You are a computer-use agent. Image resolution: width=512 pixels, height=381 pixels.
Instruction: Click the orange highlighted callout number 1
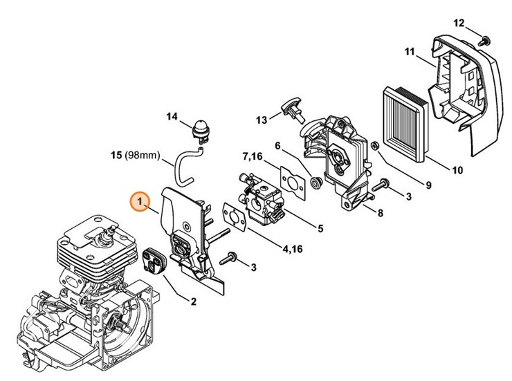click(140, 201)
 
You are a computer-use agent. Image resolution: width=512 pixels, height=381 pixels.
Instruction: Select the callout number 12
click(459, 23)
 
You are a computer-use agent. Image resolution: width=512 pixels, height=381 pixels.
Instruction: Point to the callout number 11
click(410, 52)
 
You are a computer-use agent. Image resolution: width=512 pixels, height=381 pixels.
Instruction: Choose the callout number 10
click(457, 170)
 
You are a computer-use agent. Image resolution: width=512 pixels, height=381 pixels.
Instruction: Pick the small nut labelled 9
click(375, 145)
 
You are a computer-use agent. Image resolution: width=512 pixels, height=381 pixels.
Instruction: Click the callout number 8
click(381, 213)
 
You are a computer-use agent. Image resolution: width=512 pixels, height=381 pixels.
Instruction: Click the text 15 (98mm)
click(136, 155)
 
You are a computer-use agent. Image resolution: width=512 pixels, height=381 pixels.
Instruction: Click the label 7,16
click(253, 156)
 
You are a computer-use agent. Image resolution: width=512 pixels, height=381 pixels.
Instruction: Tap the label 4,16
click(293, 249)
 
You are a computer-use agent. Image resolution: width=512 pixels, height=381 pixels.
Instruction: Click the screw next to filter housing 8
click(380, 185)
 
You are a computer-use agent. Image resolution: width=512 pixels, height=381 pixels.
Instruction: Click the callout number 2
click(194, 301)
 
